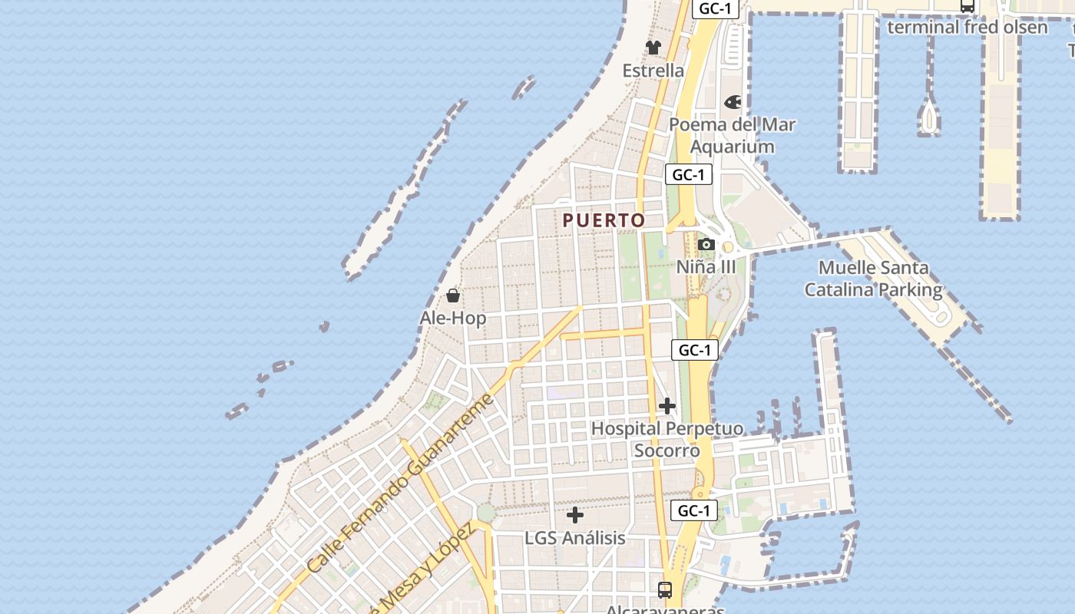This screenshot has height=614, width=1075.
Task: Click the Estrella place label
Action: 653,71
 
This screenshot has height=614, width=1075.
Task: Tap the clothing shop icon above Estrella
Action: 653,48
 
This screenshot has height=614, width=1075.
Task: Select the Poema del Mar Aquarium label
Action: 732,135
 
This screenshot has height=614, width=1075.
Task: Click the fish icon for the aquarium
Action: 733,102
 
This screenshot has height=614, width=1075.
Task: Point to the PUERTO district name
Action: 604,220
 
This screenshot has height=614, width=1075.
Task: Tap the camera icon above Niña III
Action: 706,245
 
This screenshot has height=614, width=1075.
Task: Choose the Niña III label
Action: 706,267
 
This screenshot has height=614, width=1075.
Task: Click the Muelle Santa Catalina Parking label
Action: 873,279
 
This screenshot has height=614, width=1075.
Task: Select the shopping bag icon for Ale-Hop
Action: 453,295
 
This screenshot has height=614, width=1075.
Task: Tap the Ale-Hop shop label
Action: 453,318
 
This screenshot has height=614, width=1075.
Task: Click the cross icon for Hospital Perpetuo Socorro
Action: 667,406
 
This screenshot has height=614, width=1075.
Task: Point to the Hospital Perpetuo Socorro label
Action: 667,439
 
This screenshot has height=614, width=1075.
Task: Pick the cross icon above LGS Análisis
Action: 575,515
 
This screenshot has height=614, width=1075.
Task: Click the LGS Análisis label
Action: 575,538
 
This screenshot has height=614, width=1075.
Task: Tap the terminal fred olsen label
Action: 968,28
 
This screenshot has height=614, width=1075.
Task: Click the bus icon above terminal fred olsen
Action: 968,6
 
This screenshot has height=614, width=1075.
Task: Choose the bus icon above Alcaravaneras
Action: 665,590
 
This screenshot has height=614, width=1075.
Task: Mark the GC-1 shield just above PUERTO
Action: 688,175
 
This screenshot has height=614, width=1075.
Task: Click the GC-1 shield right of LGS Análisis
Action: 694,510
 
